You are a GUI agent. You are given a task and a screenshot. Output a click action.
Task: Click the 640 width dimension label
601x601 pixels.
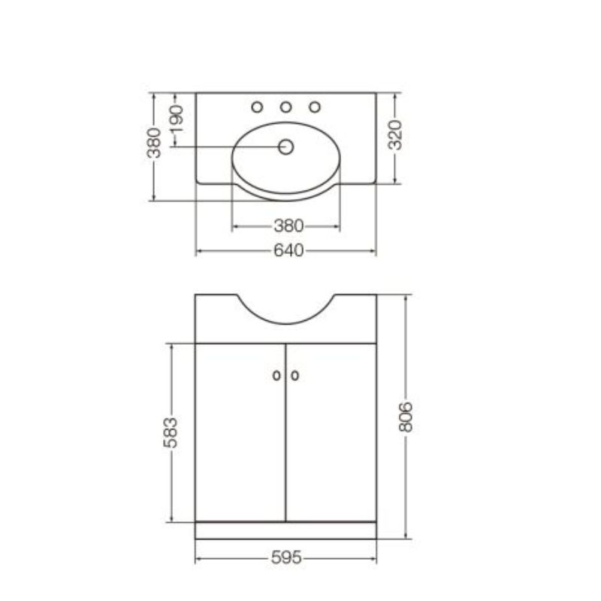288,251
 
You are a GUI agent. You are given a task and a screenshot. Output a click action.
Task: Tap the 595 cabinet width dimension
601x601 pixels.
286,557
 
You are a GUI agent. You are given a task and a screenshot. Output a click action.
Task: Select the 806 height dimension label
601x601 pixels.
406,417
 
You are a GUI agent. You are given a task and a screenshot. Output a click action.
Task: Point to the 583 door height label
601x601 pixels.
171,433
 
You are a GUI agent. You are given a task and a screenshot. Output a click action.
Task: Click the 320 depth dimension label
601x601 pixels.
395,135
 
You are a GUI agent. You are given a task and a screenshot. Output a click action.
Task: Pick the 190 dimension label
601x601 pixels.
177,119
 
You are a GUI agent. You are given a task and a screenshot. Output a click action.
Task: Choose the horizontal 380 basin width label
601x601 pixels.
288,226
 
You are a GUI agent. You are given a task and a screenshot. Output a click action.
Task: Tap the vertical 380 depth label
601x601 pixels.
154,143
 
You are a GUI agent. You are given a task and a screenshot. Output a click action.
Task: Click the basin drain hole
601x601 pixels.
285,146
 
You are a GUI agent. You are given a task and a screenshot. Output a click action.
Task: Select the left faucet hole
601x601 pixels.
257,107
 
